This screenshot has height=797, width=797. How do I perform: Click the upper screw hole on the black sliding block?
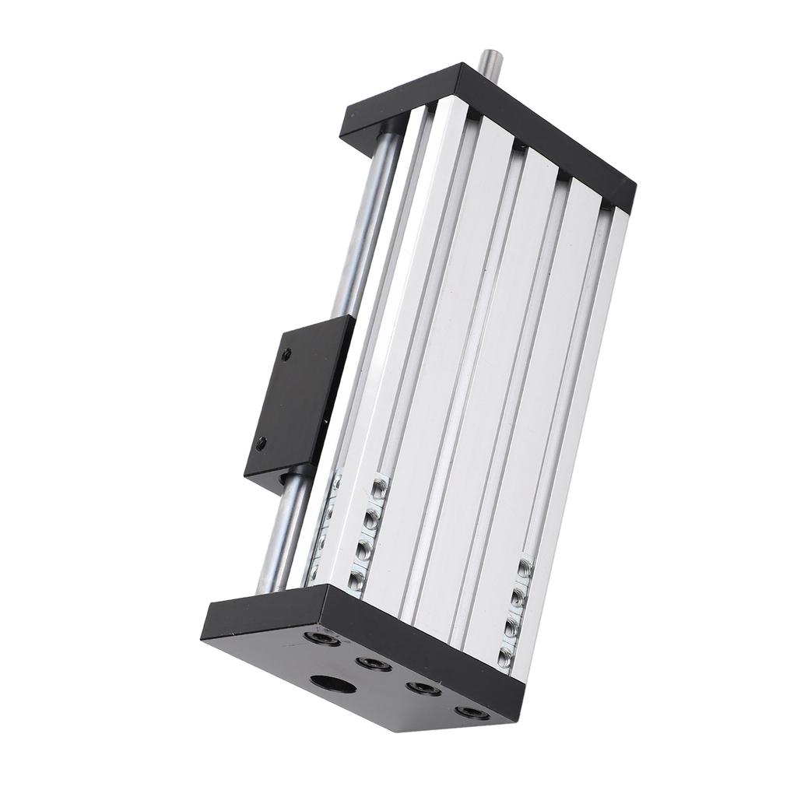click(x=286, y=354)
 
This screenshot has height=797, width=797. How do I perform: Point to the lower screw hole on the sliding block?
click(x=262, y=444)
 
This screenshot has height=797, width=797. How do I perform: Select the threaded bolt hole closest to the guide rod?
click(x=321, y=639)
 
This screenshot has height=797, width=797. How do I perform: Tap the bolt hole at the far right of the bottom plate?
click(x=472, y=712)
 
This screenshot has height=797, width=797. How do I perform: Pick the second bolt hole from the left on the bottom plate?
click(x=374, y=664)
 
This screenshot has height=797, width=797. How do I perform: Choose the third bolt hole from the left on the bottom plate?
click(x=423, y=688)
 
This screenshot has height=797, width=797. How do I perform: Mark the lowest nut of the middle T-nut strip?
click(x=356, y=579)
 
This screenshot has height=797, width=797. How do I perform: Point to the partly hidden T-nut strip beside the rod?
click(x=325, y=529)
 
